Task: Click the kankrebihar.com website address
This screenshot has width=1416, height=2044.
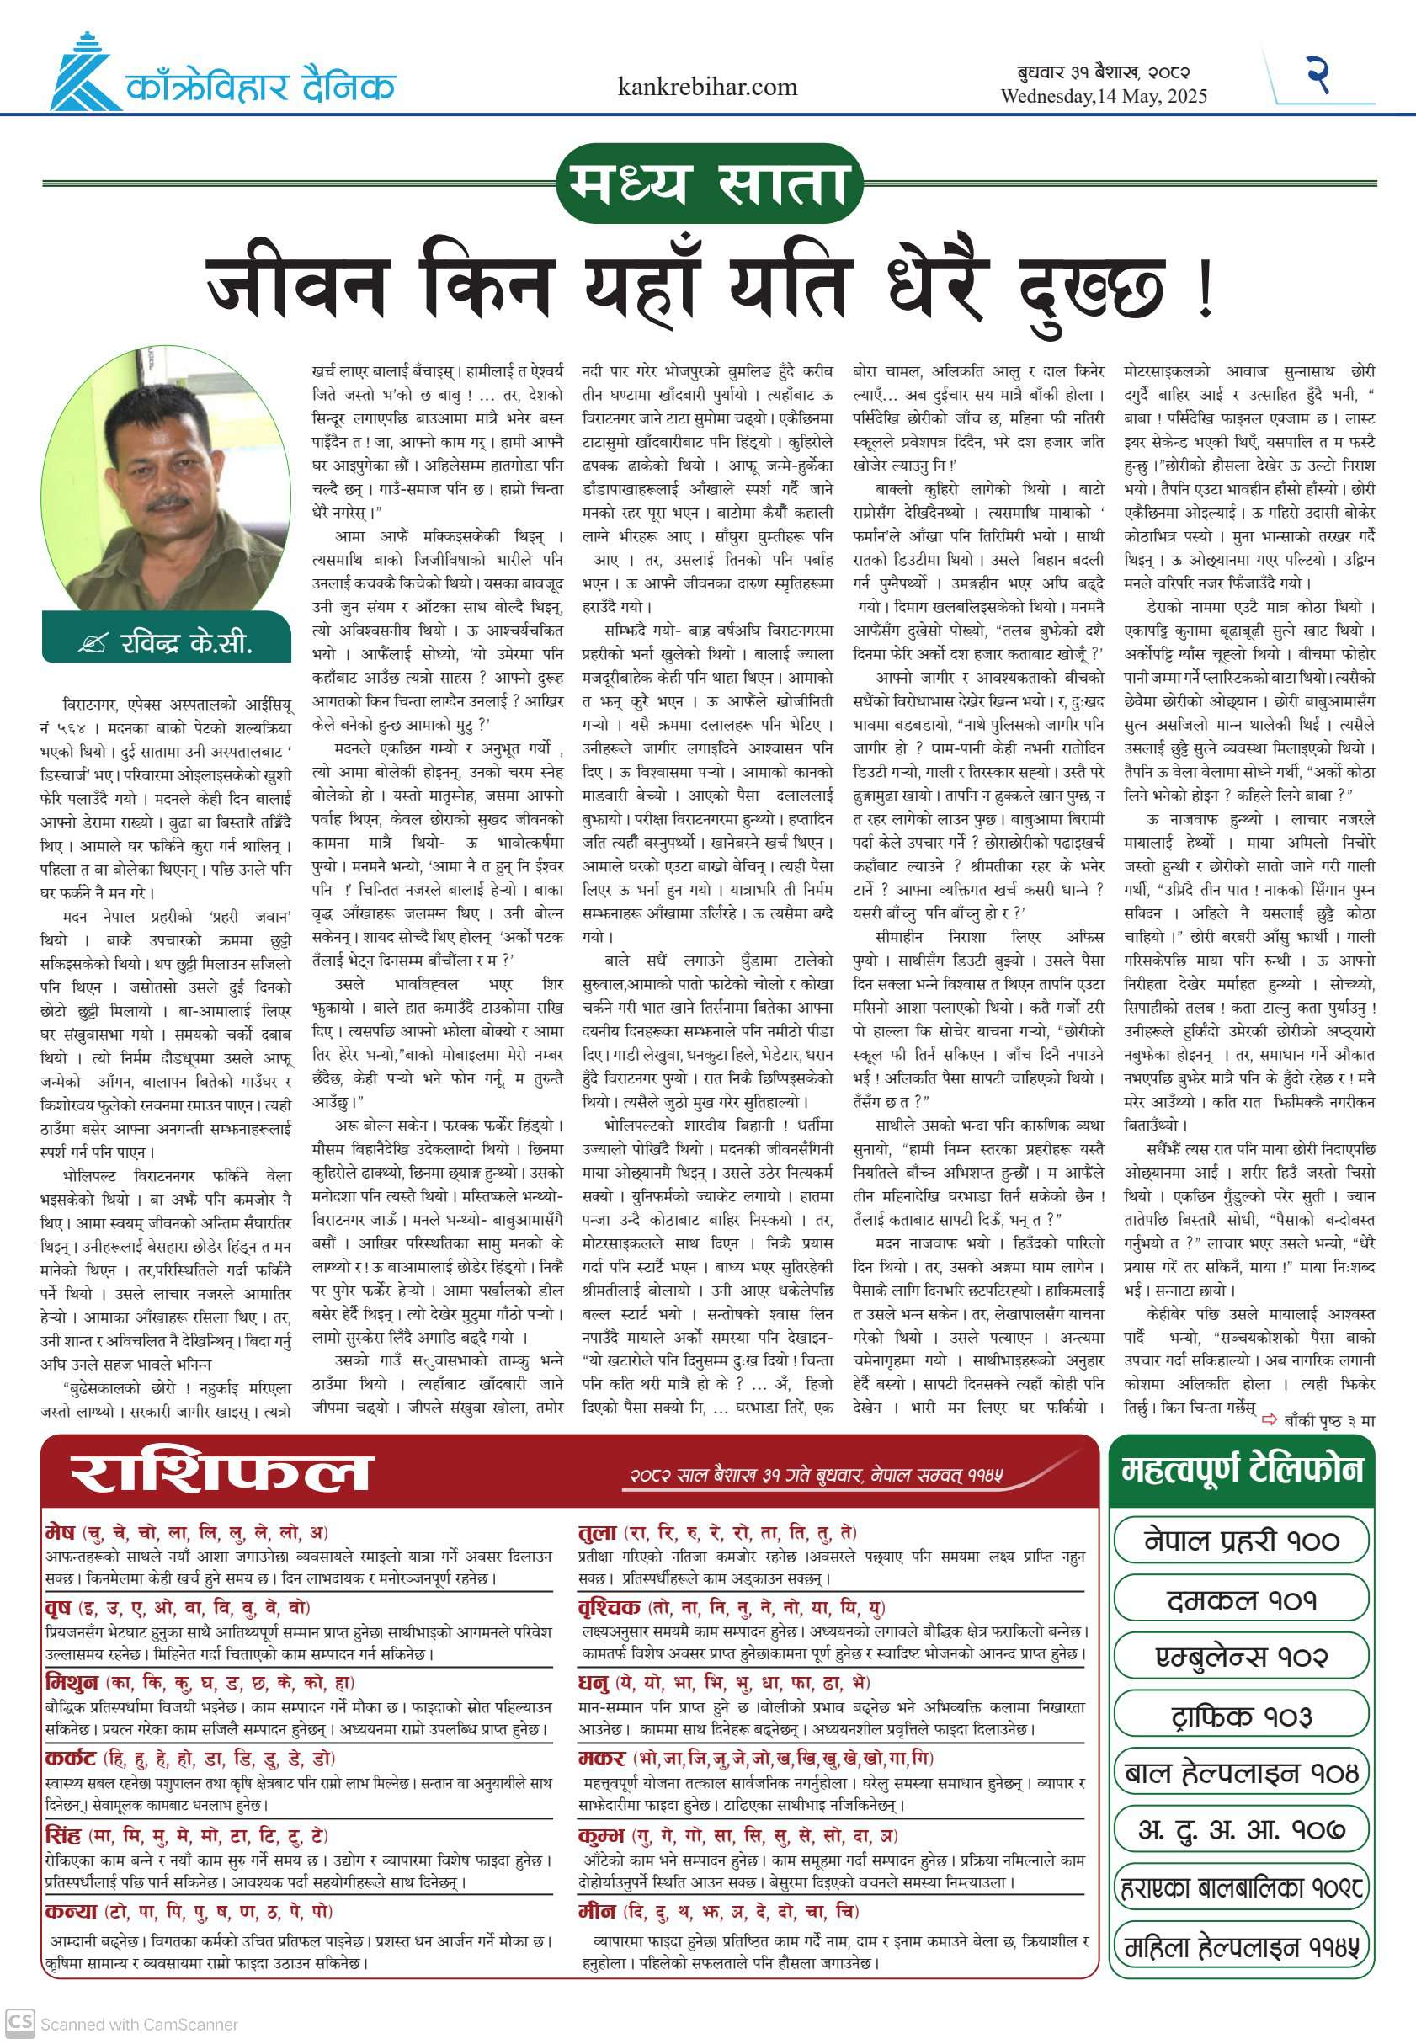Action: click(707, 87)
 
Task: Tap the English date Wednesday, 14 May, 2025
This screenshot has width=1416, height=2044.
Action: click(1104, 96)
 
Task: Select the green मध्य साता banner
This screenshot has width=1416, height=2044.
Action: click(709, 183)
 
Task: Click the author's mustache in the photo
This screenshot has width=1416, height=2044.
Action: click(167, 503)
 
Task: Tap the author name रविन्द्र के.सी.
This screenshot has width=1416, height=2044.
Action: click(186, 642)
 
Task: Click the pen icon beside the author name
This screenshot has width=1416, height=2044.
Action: click(92, 643)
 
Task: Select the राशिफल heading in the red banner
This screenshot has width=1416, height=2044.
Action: click(219, 1473)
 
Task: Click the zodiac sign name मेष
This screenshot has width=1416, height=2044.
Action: click(61, 1532)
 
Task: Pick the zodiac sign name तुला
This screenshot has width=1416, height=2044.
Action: click(597, 1532)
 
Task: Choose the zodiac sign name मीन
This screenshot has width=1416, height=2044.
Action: click(596, 1911)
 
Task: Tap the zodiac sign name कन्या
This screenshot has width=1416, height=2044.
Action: click(70, 1911)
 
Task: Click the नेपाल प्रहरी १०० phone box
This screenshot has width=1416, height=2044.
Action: click(1240, 1541)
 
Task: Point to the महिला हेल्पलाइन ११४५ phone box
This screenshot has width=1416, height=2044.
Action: click(1240, 1947)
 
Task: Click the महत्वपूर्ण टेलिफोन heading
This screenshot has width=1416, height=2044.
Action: click(1240, 1470)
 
